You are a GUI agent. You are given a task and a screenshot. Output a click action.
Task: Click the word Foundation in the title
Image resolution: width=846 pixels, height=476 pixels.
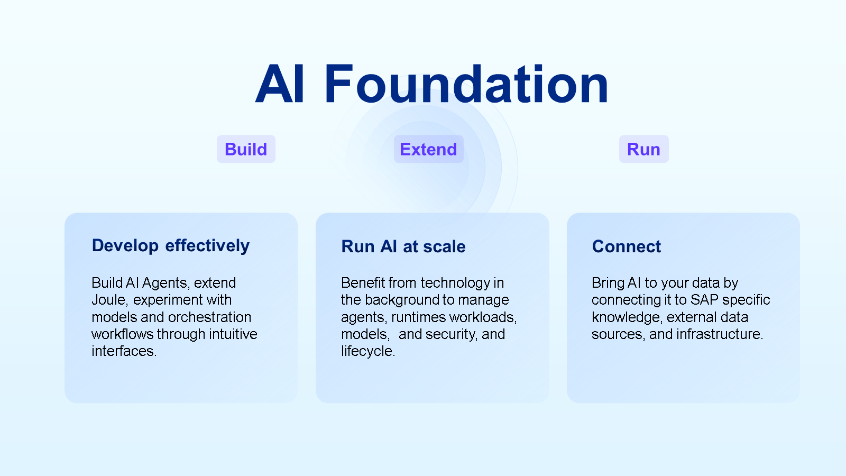[x=466, y=85]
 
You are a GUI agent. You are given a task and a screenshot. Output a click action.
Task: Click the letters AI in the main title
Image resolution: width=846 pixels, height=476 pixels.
[x=280, y=85]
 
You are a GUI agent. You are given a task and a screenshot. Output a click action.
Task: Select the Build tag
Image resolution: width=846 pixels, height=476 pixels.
[x=246, y=149]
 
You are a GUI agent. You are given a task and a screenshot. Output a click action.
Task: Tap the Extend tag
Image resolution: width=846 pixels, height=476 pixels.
[x=428, y=149]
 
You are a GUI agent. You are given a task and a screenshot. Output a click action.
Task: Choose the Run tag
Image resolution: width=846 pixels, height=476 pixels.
[x=643, y=149]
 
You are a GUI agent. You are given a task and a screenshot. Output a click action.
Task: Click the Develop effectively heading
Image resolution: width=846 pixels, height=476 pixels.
[x=170, y=246]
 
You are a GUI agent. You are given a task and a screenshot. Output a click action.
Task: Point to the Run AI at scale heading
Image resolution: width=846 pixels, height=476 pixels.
[x=403, y=246]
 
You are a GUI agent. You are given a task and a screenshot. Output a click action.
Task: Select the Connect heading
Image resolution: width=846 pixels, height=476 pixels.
[x=627, y=246]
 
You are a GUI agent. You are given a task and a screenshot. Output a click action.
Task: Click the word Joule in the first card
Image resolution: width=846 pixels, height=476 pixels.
[x=109, y=300]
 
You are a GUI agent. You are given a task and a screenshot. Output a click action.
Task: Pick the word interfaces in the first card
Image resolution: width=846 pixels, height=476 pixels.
[x=123, y=351]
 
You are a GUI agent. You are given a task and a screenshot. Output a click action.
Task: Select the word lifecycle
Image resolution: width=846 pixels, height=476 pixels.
[x=367, y=351]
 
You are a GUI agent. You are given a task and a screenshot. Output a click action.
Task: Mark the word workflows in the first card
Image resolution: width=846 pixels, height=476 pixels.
[x=122, y=334]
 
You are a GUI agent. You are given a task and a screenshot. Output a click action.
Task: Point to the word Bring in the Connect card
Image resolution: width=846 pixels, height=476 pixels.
[x=608, y=283]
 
